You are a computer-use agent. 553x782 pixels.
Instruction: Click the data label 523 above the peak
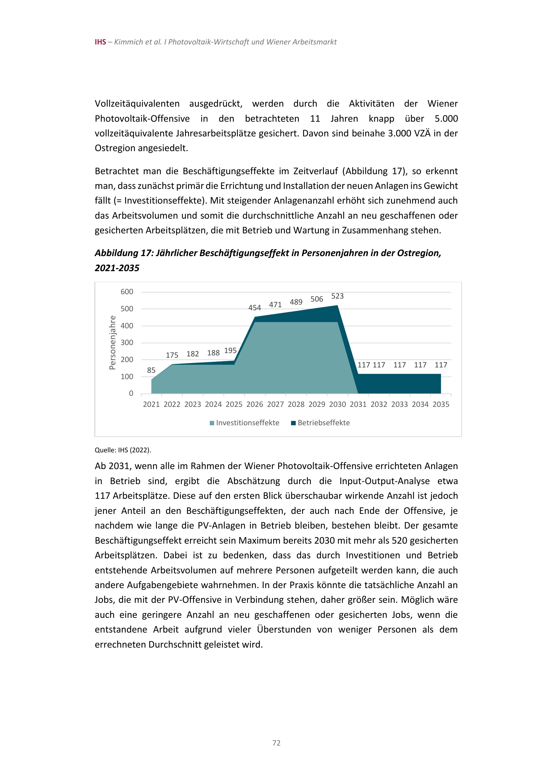337,296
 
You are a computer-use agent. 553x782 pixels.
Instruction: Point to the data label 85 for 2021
151,370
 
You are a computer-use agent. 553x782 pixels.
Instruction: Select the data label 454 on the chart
255,308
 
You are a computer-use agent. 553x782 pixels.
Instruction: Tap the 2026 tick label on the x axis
255,404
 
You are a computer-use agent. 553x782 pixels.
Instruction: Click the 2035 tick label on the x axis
441,404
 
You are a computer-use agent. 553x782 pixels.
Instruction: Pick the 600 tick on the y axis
127,292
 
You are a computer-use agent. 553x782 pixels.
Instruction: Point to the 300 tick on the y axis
127,343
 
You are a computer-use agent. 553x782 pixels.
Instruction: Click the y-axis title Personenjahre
112,343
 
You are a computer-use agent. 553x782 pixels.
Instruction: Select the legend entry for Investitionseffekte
244,423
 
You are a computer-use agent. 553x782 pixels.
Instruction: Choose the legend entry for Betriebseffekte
320,423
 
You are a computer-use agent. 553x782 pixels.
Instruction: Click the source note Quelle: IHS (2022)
123,450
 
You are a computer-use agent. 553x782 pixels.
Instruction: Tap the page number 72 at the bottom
276,743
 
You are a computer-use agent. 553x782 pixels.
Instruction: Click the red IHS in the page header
100,42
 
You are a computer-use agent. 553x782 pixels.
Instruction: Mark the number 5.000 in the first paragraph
446,119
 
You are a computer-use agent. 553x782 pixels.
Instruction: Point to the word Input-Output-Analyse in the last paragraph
384,481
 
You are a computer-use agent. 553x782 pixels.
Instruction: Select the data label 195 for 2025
230,351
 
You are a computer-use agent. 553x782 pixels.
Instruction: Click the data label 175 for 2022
172,355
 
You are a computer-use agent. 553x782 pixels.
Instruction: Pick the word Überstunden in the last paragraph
284,630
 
